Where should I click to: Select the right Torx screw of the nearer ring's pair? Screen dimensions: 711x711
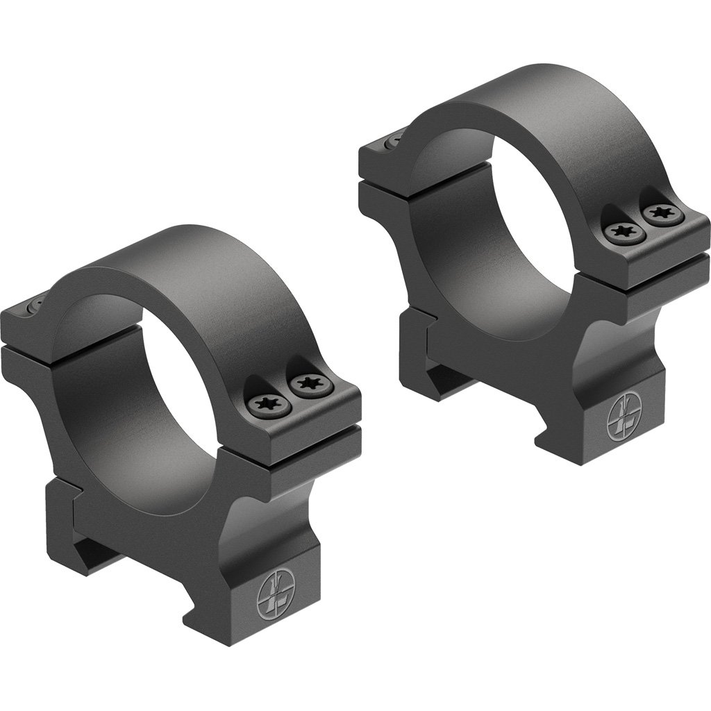point(306,383)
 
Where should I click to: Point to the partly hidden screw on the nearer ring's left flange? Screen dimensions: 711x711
point(35,306)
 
